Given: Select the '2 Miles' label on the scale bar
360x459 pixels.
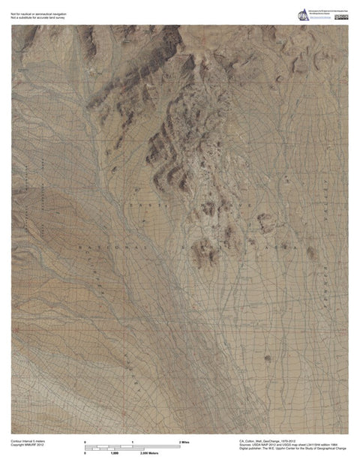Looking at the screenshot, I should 184,442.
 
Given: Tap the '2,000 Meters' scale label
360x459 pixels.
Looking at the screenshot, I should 153,453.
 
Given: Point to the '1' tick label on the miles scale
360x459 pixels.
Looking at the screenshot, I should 133,442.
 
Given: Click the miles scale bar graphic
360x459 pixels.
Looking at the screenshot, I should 132,446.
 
